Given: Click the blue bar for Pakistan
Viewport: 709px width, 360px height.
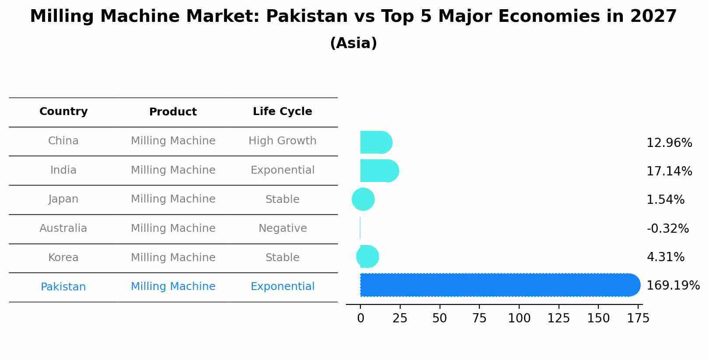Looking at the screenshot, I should coord(499,285).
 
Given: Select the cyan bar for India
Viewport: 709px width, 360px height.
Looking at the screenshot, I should coord(379,171).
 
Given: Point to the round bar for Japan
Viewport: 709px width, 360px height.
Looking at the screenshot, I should coord(363,199).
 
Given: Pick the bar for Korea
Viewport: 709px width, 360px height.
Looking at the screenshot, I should coord(367,257).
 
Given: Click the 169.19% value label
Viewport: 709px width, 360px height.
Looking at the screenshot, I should coord(673,286).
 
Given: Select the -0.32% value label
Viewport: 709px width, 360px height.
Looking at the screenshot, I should coord(667,229).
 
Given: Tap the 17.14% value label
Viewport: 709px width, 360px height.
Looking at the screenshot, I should coord(669,171).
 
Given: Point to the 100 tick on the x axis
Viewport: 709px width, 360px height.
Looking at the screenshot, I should coord(519,318).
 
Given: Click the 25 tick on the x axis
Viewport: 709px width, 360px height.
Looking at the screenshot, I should coord(400,318).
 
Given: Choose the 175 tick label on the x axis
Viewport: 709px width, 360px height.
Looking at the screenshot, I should coord(638,318).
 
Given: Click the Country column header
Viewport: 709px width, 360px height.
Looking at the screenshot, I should coord(63,112).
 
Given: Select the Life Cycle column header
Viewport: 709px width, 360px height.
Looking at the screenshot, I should coord(282,112).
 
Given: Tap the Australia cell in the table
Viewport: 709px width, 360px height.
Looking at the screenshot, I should coord(63,228).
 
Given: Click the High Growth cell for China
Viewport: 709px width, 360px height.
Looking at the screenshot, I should coord(282,141).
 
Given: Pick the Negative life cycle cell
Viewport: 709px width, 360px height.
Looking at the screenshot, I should coord(282,228).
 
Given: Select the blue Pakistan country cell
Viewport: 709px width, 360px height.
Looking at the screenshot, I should coord(63,287).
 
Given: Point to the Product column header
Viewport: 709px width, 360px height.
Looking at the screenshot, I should coord(173,112).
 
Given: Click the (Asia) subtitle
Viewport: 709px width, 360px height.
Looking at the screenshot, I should coord(353,43).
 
